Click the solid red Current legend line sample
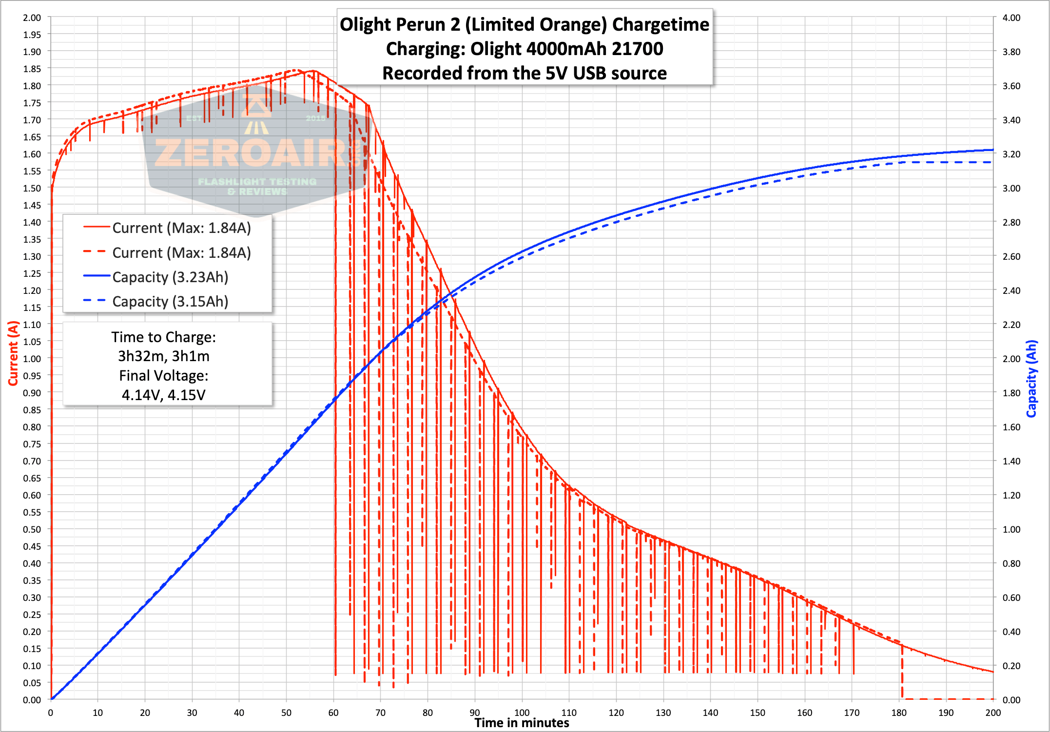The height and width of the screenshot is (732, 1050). coord(96,227)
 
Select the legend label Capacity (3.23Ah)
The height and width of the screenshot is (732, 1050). coord(170,277)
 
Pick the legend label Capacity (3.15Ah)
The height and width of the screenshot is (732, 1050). coord(170,302)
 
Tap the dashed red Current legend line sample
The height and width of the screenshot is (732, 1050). coord(96,252)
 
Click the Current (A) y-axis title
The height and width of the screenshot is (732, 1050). coord(13,353)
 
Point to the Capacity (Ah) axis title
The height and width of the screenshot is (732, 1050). coord(1031,379)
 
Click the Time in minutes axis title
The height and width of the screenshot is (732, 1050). coord(522,723)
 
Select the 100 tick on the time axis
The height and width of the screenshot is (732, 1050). coord(522,713)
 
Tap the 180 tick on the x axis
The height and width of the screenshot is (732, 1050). coord(898,713)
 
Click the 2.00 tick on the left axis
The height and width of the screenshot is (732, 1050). coord(32,18)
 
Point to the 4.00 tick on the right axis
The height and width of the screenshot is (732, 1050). coord(1011,18)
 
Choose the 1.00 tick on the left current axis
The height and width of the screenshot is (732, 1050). coord(32,359)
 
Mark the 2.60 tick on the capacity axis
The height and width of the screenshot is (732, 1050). coord(1011,256)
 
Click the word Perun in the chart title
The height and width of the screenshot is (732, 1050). coord(437,25)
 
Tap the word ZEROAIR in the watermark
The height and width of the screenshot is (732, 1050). coord(249,153)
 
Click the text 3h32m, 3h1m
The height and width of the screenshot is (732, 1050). coord(164,356)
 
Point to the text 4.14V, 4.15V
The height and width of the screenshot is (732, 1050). coord(164,395)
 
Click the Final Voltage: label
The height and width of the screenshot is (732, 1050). coord(164,376)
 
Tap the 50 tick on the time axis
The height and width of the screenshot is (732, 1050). coord(286,713)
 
